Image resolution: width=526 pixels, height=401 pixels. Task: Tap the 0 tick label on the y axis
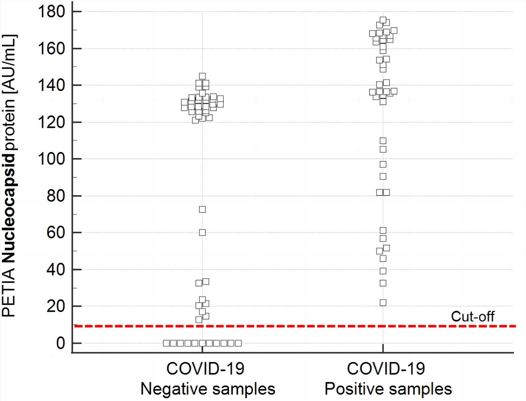pyautogui.click(x=60, y=343)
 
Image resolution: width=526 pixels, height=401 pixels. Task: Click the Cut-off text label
pyautogui.click(x=472, y=316)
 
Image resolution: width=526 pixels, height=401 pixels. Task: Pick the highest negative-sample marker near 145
pyautogui.click(x=202, y=76)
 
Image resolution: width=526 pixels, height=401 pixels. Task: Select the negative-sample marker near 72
pyautogui.click(x=202, y=209)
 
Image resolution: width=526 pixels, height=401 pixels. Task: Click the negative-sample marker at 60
pyautogui.click(x=202, y=232)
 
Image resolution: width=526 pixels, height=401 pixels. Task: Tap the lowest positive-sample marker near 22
pyautogui.click(x=383, y=303)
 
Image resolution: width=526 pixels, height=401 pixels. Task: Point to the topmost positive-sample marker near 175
pyautogui.click(x=383, y=20)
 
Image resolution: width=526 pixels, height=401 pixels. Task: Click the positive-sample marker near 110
pyautogui.click(x=383, y=141)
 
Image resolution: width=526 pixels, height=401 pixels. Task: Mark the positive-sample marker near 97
pyautogui.click(x=383, y=164)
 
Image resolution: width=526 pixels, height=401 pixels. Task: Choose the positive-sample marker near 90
pyautogui.click(x=383, y=176)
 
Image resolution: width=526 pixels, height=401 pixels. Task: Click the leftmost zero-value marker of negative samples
pyautogui.click(x=166, y=343)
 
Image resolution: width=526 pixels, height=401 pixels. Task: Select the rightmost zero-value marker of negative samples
pyautogui.click(x=238, y=343)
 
